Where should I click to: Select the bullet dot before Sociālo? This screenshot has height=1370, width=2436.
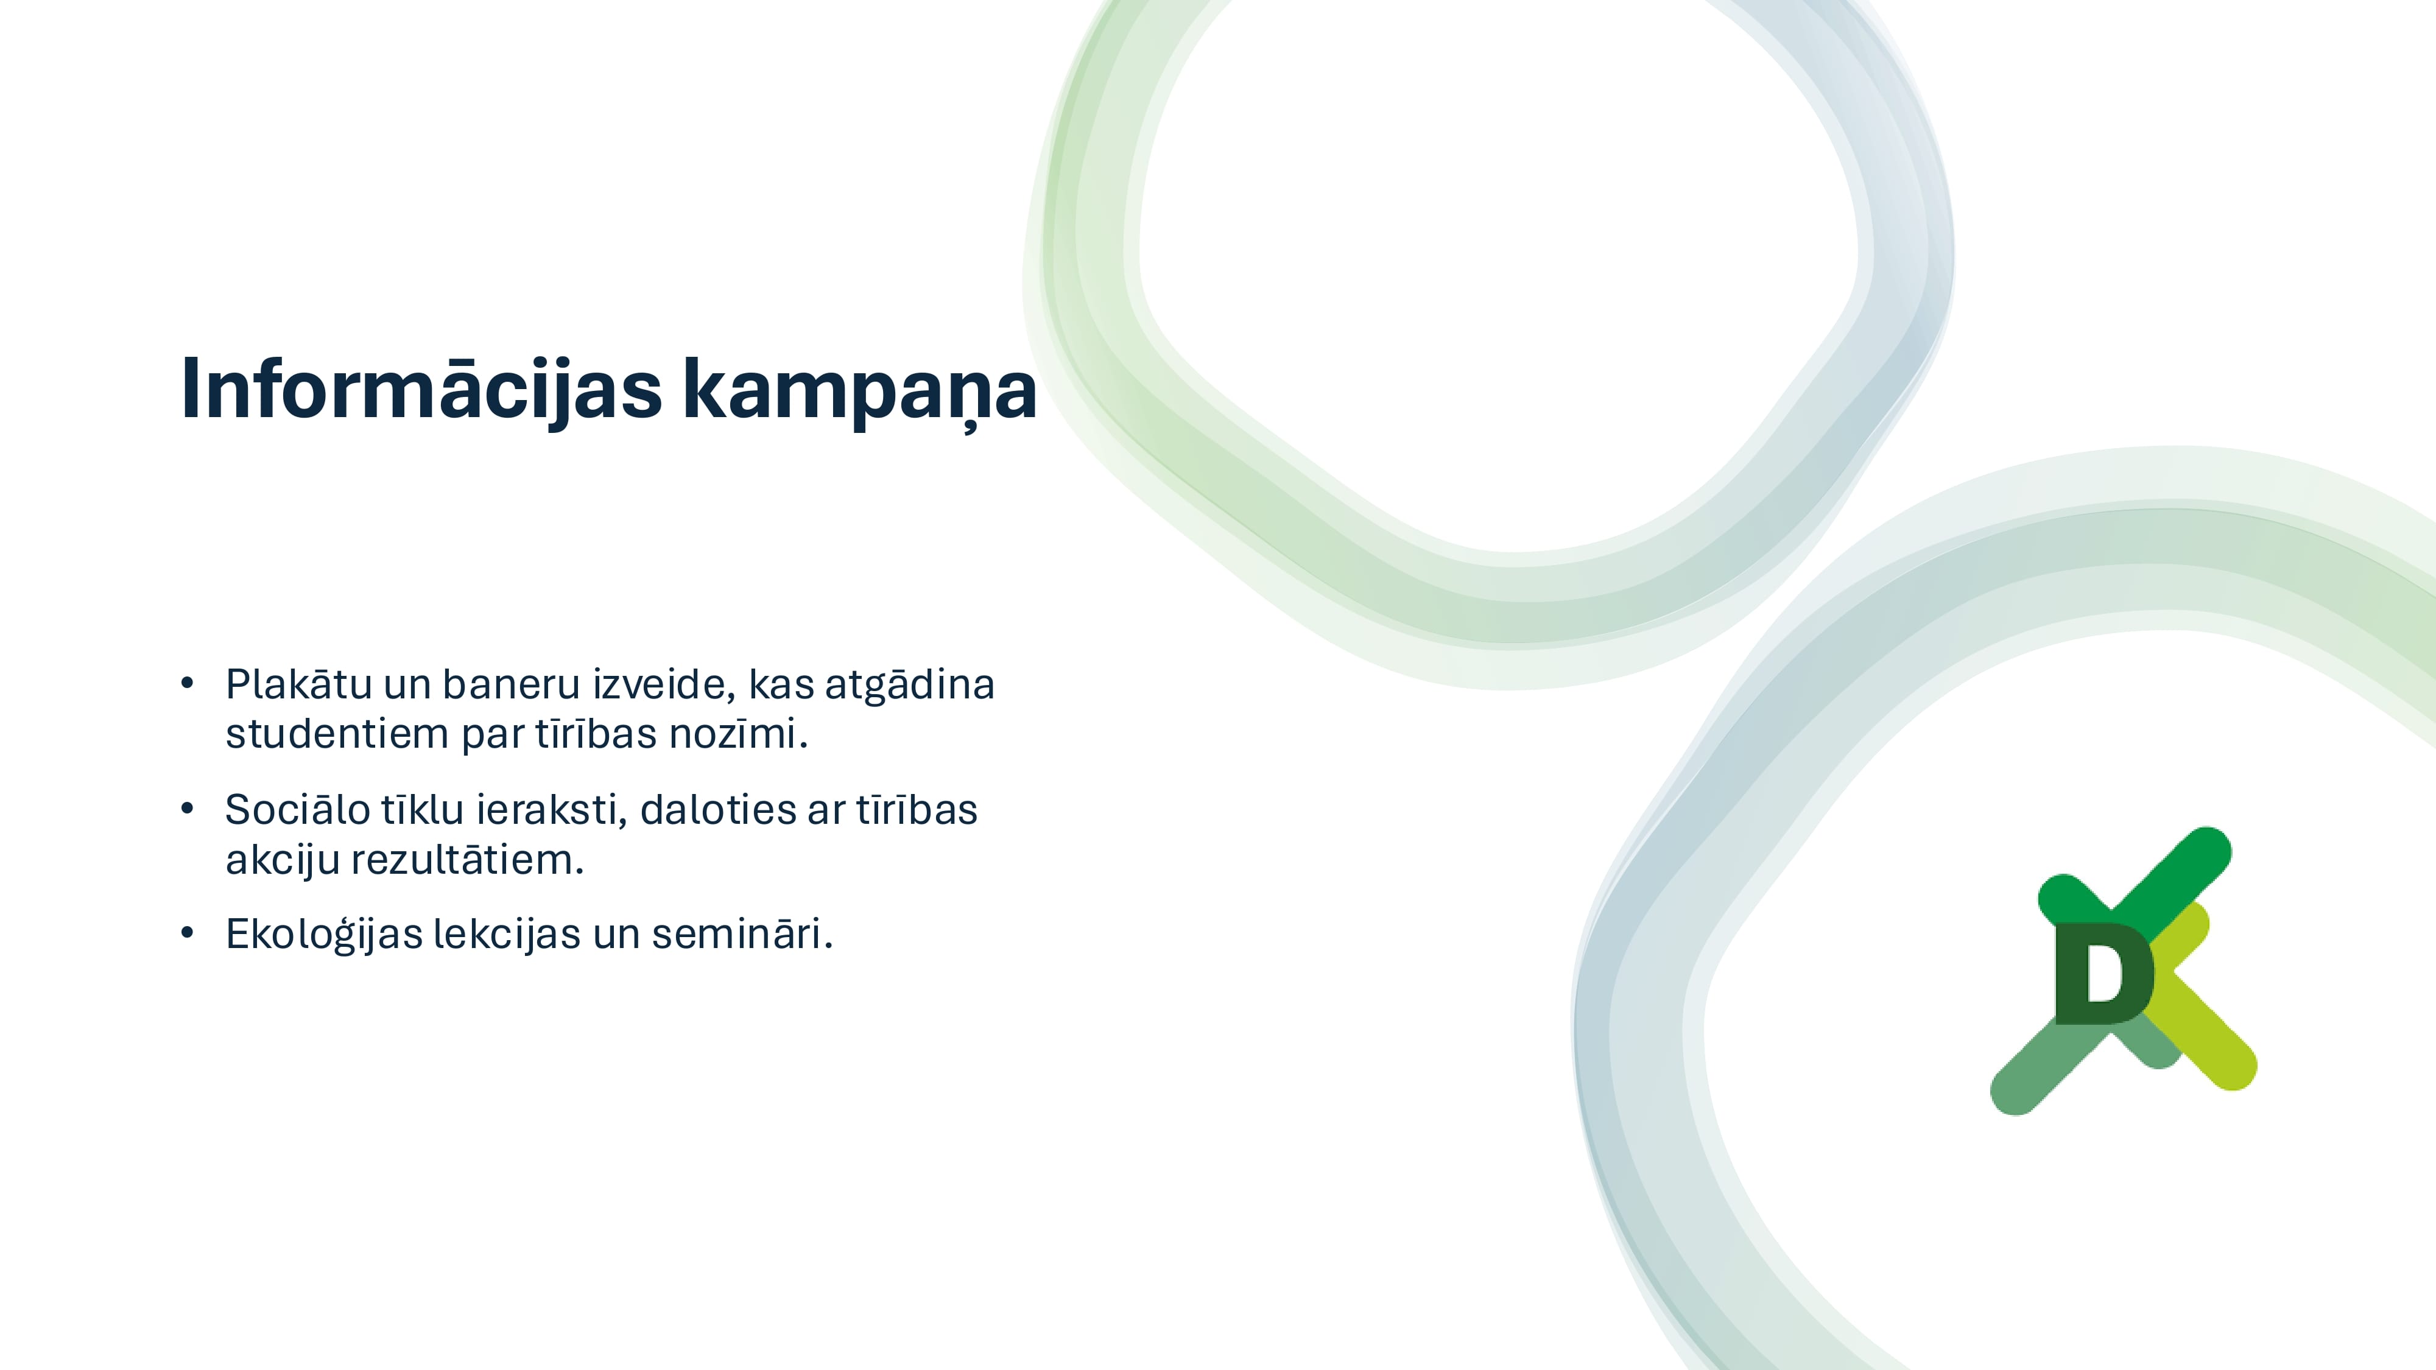(187, 809)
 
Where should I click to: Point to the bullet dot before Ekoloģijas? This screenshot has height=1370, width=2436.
(187, 933)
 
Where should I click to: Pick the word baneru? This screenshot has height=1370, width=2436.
(511, 684)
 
